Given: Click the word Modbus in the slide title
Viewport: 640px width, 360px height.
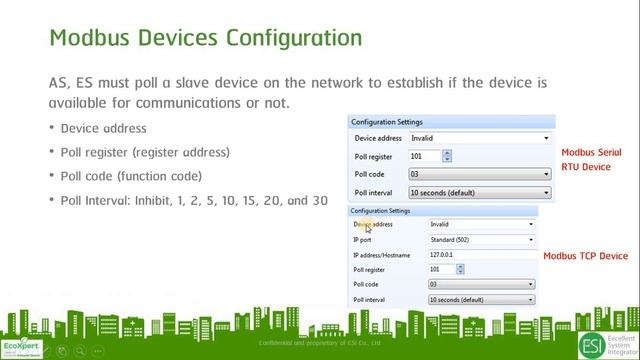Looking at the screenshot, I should click(91, 39).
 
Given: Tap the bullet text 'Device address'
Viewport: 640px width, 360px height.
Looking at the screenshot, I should click(103, 128).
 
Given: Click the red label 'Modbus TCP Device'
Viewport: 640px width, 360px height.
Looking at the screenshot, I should click(585, 256).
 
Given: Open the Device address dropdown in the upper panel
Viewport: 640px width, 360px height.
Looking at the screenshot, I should click(478, 138).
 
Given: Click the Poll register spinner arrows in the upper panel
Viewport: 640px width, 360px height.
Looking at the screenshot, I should click(447, 156).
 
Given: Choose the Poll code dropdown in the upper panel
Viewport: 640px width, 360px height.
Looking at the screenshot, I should click(478, 174).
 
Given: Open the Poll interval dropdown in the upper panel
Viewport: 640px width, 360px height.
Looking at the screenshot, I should click(478, 191).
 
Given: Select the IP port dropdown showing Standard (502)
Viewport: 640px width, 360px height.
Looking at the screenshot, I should click(481, 240).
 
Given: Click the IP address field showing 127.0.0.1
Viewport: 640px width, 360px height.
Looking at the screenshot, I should click(481, 255).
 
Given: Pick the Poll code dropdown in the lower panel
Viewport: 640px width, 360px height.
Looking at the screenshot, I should click(481, 284).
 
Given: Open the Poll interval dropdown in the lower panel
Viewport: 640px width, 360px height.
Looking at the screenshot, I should click(481, 299).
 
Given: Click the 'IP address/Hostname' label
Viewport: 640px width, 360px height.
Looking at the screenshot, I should click(380, 255).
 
